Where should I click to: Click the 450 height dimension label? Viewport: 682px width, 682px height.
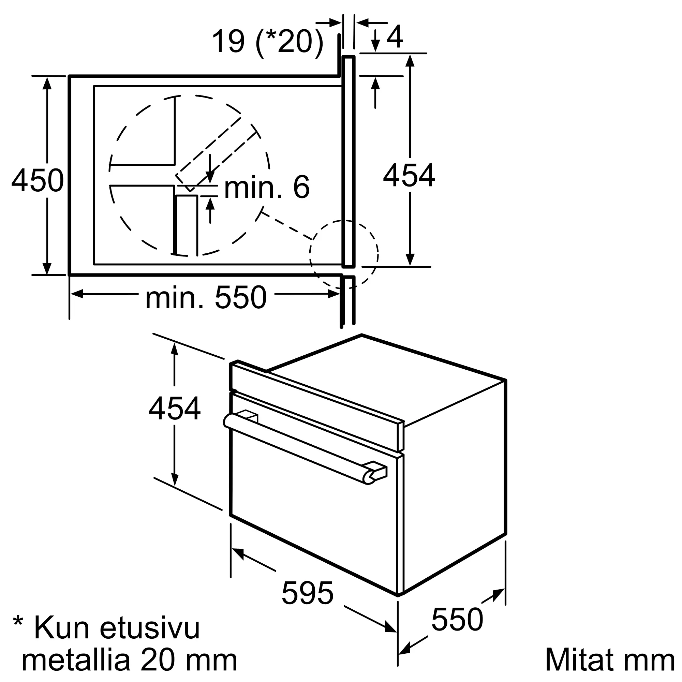(38, 180)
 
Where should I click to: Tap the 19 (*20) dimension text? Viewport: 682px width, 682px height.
(268, 42)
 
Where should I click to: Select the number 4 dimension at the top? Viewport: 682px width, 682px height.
(395, 37)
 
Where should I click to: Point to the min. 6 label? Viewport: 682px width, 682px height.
(267, 187)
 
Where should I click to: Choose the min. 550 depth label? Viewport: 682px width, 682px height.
(206, 298)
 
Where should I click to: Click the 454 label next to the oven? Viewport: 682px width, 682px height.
(174, 409)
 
